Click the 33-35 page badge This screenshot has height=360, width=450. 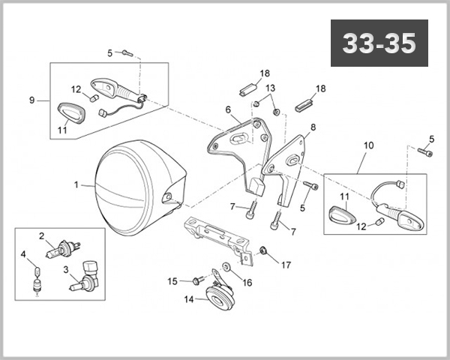point(378,43)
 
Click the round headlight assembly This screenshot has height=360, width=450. point(135,183)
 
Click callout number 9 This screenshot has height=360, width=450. point(31,100)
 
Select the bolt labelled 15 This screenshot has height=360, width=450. point(198,281)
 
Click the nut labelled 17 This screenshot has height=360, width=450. point(264,250)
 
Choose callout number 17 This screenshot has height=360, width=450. point(286,264)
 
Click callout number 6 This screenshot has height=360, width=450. point(227,109)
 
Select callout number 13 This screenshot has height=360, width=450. point(271,88)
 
